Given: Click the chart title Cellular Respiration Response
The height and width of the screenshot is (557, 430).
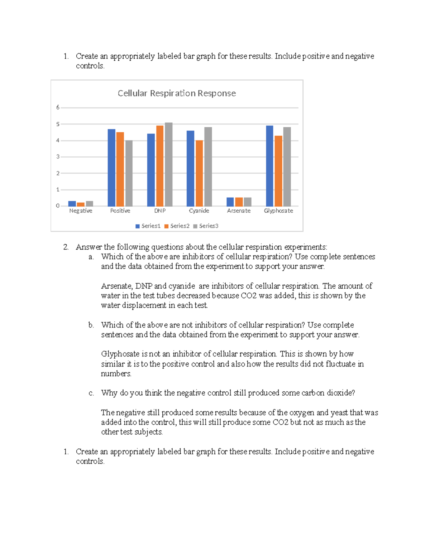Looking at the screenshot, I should [x=177, y=93].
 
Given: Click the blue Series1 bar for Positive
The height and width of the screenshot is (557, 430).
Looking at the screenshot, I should [x=111, y=167].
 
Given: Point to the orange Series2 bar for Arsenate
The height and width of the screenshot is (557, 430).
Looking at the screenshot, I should [x=239, y=202].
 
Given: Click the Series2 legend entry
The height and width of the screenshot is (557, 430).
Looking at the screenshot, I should [x=177, y=226].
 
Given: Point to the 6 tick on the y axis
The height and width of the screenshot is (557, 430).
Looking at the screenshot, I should [x=58, y=107].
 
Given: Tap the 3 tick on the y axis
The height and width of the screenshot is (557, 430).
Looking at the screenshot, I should [x=58, y=157].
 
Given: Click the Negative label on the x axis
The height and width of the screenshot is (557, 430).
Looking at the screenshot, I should [x=81, y=211].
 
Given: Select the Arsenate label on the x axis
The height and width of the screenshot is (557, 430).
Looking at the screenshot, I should [x=239, y=211].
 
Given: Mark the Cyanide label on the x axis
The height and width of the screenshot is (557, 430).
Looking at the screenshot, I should [x=199, y=211].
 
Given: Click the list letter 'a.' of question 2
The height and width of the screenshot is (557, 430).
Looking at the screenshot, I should [x=91, y=257].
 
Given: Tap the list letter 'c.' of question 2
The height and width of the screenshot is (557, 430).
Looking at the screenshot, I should [x=91, y=393].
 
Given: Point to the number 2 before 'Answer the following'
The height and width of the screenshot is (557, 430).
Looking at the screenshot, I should [x=66, y=247].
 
